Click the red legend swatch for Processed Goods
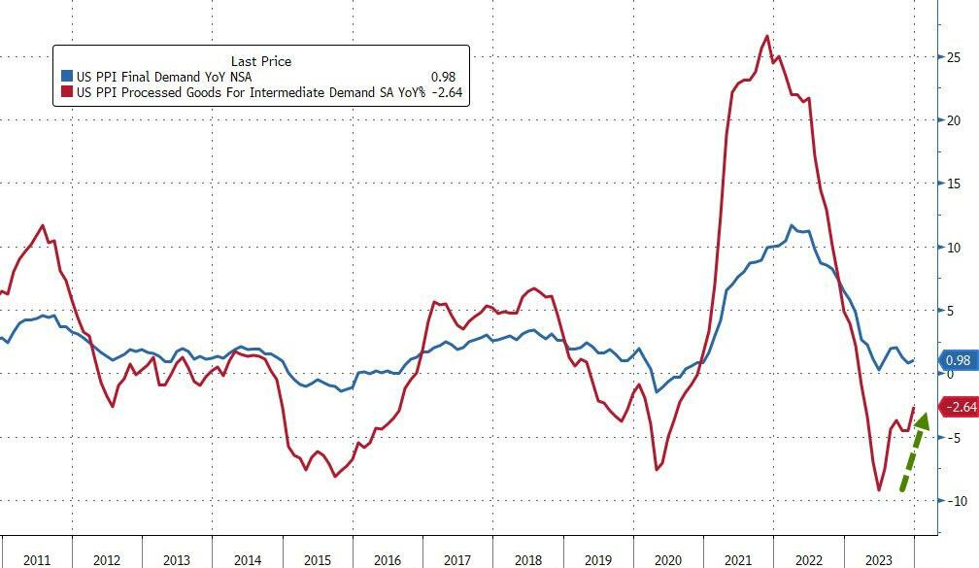[x=66, y=92]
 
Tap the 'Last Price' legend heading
[x=260, y=61]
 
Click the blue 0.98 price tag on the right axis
[x=958, y=361]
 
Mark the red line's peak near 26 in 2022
[x=767, y=37]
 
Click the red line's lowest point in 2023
[x=879, y=490]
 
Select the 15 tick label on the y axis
[x=954, y=184]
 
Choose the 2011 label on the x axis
[x=36, y=560]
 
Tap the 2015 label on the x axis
[x=317, y=560]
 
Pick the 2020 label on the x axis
[x=668, y=560]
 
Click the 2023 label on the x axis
[x=879, y=560]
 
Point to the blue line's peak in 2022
[x=793, y=226]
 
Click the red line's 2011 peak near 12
[x=43, y=226]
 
